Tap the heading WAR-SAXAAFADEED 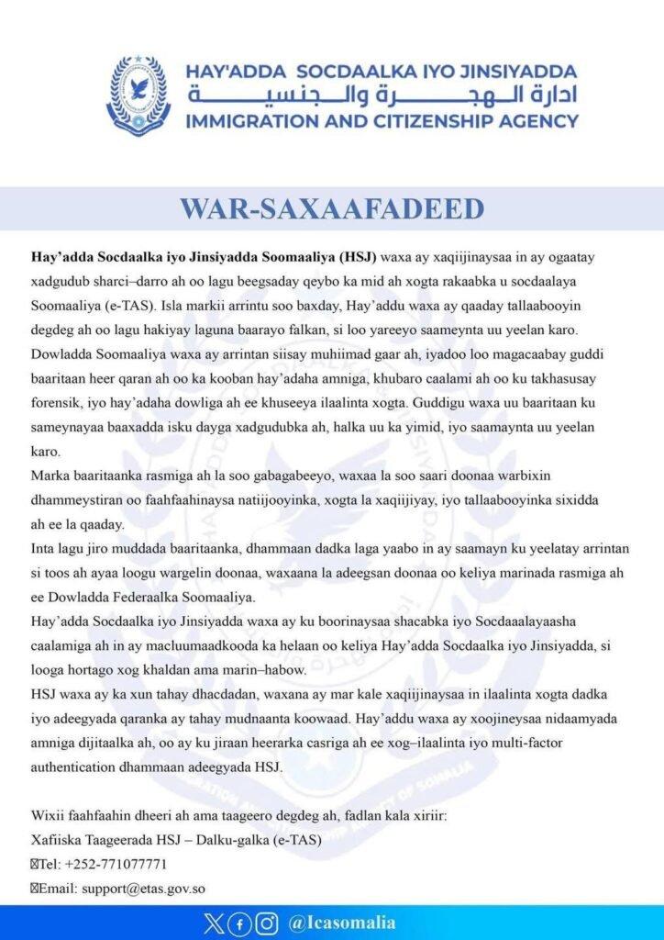tap(332, 208)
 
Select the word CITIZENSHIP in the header tap(446, 120)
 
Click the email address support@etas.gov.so tap(142, 888)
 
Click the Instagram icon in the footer tap(267, 923)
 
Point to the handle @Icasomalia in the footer tap(341, 923)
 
